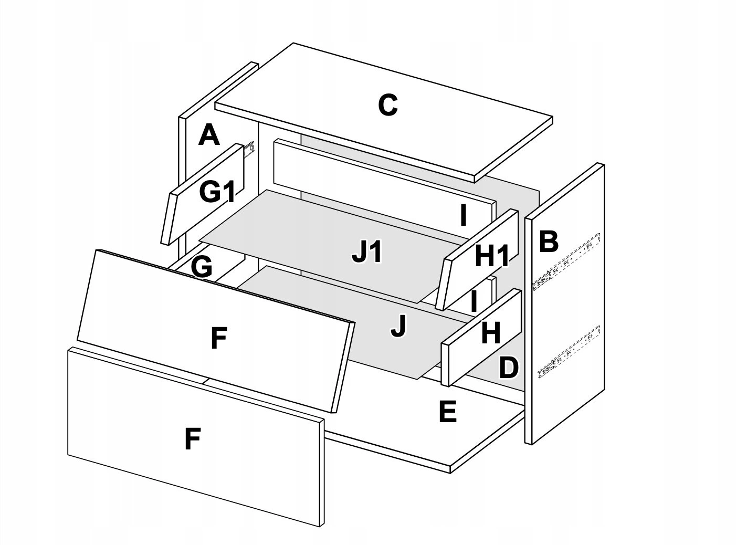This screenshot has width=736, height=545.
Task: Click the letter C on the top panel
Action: click(387, 106)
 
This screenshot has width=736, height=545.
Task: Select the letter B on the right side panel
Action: click(548, 242)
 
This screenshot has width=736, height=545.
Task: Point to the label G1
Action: click(217, 193)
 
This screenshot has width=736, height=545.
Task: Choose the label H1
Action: click(492, 257)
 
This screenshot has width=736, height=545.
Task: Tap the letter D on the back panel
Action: click(508, 368)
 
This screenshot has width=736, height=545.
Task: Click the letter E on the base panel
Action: click(448, 412)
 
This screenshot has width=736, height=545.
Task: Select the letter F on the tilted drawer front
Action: click(218, 338)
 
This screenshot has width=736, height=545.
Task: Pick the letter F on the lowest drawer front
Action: click(192, 439)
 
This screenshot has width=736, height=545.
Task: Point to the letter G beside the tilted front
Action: click(202, 267)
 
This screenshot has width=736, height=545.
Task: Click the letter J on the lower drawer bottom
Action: click(398, 327)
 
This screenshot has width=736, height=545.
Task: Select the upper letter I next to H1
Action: click(462, 215)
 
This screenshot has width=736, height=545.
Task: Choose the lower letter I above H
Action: click(474, 302)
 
